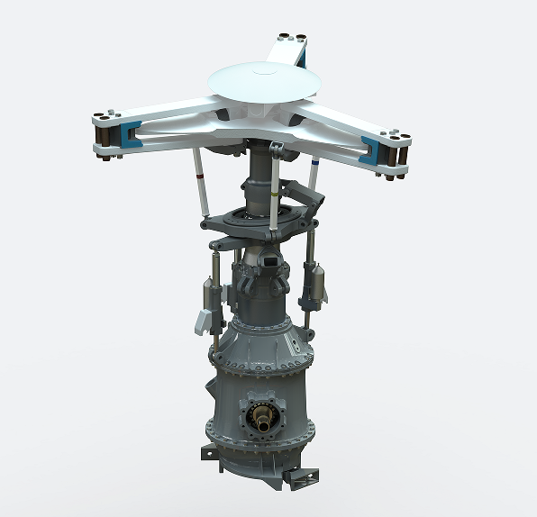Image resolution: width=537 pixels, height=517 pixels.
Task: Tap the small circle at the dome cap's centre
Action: point(264,68)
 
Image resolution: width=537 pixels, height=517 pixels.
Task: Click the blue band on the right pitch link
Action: point(314,167)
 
